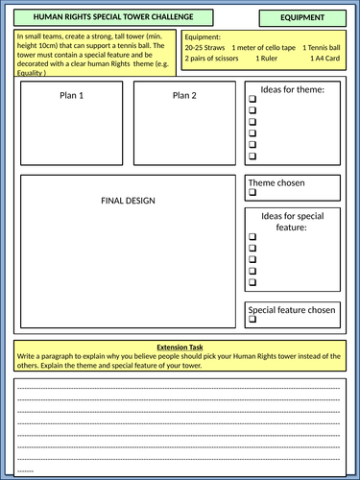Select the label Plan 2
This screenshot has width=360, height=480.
click(x=184, y=95)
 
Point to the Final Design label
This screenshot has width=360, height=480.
click(x=128, y=200)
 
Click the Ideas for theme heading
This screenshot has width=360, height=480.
click(x=293, y=90)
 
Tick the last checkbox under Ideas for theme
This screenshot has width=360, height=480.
click(x=253, y=155)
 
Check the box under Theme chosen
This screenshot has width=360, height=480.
click(x=253, y=193)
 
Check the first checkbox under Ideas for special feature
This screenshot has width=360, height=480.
click(x=253, y=237)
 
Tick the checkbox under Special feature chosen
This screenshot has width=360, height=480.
click(x=253, y=322)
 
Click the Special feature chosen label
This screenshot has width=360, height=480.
click(x=292, y=310)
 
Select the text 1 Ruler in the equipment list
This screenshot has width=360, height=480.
click(x=271, y=58)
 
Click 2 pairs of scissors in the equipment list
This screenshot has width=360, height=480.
click(x=214, y=58)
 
